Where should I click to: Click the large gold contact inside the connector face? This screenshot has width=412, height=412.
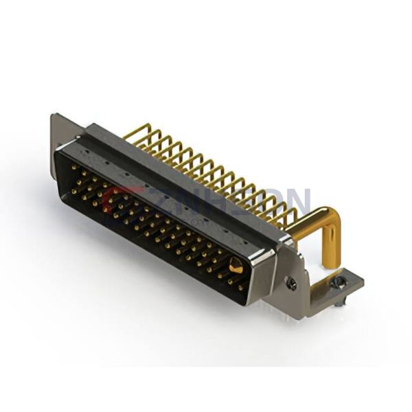tap(236, 266)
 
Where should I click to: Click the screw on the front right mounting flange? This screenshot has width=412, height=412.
tap(292, 282)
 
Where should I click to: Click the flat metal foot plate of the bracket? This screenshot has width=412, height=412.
tap(347, 287)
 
